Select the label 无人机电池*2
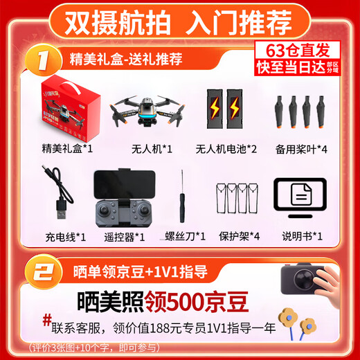[x=226, y=149]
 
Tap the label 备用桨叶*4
[x=303, y=149]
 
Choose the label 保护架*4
[x=237, y=237]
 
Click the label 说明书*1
[x=302, y=237]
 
